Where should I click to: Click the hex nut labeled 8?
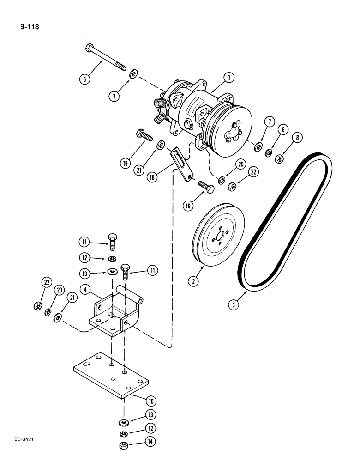click(279, 158)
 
